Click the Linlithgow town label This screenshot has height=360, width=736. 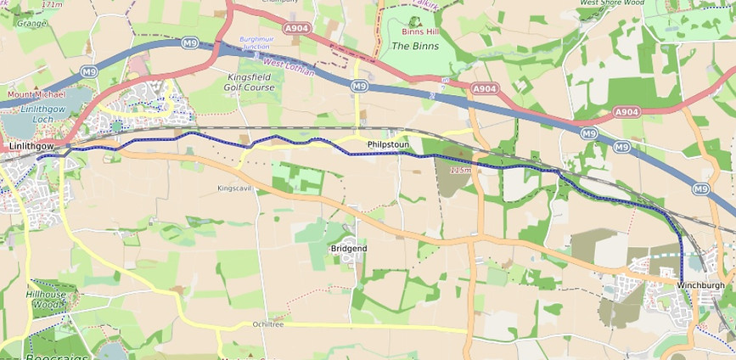pos(31,147)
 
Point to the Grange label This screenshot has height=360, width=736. pos(30,24)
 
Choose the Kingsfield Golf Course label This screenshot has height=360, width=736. pos(250,82)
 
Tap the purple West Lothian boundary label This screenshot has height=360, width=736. pos(289,67)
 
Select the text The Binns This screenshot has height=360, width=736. pos(416,46)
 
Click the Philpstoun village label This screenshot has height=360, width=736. pos(389,145)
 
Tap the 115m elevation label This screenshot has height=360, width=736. pos(459,171)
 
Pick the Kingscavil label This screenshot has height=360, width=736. pos(235,188)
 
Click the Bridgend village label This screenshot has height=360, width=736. pos(348,248)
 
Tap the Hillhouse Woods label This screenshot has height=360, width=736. pos(45,299)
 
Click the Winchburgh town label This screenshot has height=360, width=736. pos(701,284)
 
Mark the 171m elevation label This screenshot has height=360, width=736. pos(52,4)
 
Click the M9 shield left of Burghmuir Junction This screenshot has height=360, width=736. pos(188,42)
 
